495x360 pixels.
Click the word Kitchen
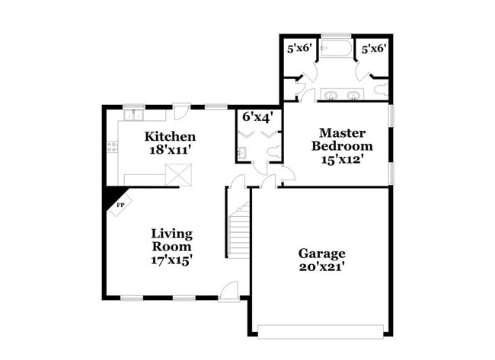171,136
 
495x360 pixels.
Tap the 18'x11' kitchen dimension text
171,150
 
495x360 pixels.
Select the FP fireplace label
120,205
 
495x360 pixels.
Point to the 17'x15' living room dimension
171,260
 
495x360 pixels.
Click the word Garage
321,253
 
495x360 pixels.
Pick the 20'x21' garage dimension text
321,267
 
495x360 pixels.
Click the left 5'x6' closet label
297,48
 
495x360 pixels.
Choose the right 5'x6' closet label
373,48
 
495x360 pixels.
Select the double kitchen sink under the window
135,116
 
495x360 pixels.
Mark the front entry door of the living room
228,291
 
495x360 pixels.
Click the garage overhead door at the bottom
321,330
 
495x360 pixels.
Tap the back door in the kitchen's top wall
180,113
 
